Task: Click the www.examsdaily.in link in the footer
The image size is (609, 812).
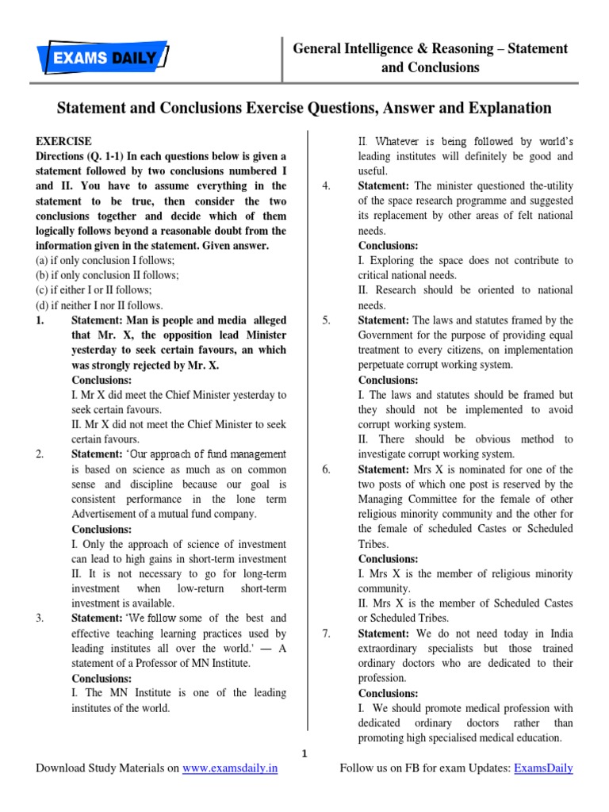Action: tap(230, 768)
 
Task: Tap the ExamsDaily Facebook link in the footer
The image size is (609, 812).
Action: tap(543, 768)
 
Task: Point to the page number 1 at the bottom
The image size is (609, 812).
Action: tap(304, 752)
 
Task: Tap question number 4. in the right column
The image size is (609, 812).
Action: tap(326, 186)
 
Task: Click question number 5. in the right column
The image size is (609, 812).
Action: tap(326, 320)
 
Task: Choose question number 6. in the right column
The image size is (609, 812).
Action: tap(326, 469)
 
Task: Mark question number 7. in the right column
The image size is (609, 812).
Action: tap(326, 633)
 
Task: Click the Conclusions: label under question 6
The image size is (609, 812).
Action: tap(388, 558)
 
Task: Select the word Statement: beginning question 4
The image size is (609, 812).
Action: tap(384, 186)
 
